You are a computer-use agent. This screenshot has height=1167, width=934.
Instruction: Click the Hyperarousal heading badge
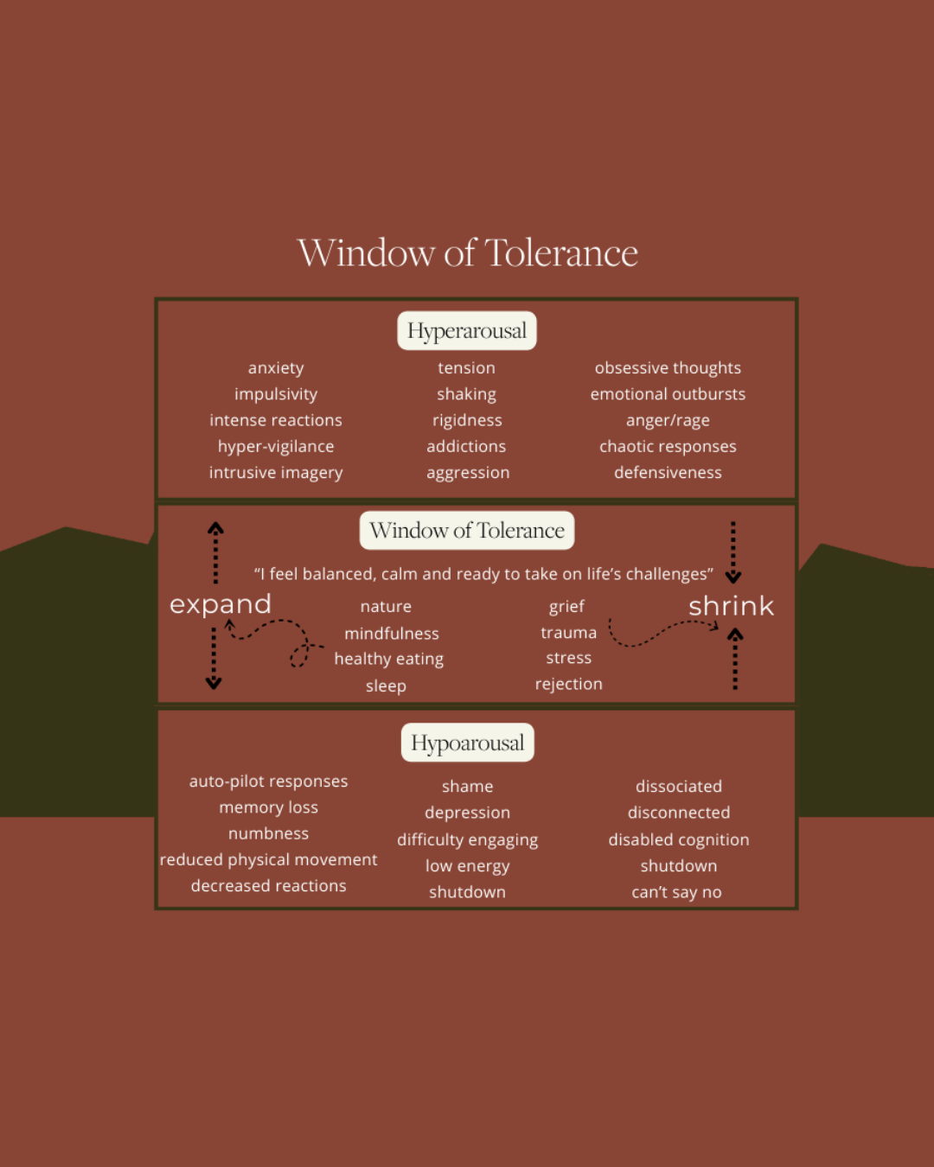pos(467,331)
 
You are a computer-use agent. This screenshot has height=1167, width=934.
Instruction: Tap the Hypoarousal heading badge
pos(467,743)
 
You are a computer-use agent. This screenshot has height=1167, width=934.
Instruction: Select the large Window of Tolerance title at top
pos(467,253)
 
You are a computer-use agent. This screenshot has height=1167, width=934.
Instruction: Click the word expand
pos(221,604)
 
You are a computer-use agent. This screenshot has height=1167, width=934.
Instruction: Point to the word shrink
pos(731,606)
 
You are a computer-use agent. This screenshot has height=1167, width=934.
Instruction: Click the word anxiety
pos(276,368)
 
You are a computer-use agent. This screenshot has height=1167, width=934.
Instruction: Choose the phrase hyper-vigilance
pos(276,447)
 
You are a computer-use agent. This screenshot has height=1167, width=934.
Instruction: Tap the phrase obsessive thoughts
pos(668,368)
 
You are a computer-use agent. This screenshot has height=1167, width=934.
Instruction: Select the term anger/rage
pos(668,421)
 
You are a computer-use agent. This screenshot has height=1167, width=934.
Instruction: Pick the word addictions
pos(466,447)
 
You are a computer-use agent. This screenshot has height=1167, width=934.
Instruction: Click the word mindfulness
pos(392,634)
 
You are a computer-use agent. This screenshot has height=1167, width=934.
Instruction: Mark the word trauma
pos(568,633)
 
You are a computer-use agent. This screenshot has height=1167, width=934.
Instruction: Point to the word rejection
pos(568,684)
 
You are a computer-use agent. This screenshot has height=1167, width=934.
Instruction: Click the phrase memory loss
pos(268,807)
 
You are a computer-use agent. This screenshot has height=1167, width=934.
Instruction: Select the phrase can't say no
pos(676,892)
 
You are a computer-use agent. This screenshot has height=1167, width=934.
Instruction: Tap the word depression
pos(467,813)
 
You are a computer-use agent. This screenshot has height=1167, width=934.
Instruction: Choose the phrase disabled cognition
pos(678,839)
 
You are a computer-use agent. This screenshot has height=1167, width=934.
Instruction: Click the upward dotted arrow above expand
pos(215,552)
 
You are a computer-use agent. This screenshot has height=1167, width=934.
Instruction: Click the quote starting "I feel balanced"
pos(483,574)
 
